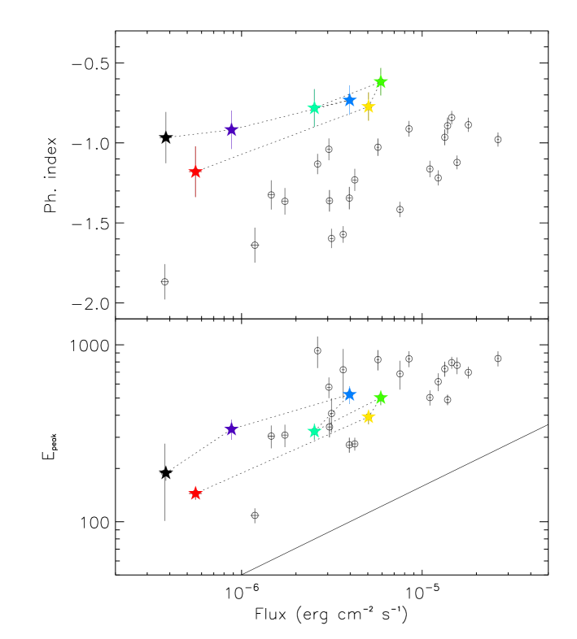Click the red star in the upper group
pos(195,172)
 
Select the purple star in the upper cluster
pos(231,129)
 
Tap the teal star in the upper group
pos(314,107)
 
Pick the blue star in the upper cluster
pos(349,100)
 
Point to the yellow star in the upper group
pos(368,106)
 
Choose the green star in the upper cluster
pos(380,81)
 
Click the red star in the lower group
pos(195,493)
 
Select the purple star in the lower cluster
pos(231,429)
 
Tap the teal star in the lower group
pos(314,432)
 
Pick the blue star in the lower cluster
pos(349,394)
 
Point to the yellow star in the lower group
pos(368,417)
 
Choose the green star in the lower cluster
pos(380,398)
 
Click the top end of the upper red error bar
pos(195,146)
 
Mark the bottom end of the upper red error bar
pos(195,197)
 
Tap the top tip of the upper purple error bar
pos(231,111)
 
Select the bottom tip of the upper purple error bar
pos(231,149)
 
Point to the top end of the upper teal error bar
pos(314,89)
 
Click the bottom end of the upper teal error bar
pos(314,127)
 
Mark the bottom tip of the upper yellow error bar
pos(368,121)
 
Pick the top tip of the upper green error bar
pos(380,67)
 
